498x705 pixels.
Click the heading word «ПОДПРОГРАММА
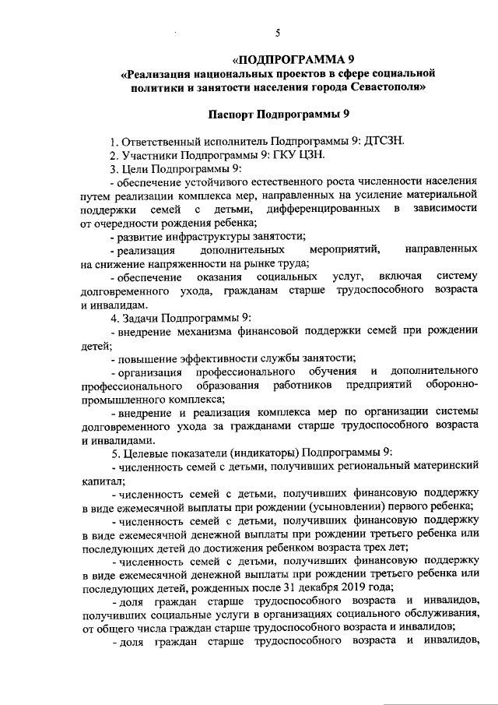pos(285,59)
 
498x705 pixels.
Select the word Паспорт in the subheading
pos(239,115)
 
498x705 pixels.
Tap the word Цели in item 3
pos(138,169)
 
